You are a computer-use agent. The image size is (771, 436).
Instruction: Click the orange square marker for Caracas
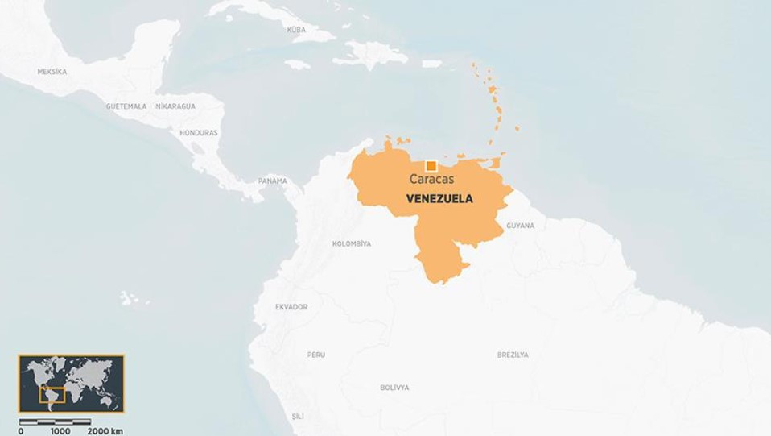pyautogui.click(x=431, y=166)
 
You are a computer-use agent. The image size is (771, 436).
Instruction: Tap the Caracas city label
pyautogui.click(x=431, y=180)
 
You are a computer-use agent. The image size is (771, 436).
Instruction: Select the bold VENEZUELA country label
pyautogui.click(x=439, y=199)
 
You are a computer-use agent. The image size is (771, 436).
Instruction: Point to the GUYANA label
pyautogui.click(x=520, y=226)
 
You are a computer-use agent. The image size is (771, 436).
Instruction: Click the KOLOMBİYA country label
pyautogui.click(x=352, y=243)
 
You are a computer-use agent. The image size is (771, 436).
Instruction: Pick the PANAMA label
pyautogui.click(x=273, y=181)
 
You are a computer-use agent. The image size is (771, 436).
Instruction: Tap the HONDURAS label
pyautogui.click(x=199, y=133)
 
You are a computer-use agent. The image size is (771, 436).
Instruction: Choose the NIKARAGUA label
pyautogui.click(x=175, y=106)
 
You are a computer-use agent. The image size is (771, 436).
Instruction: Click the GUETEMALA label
pyautogui.click(x=126, y=106)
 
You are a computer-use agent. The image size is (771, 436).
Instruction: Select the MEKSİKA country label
pyautogui.click(x=52, y=72)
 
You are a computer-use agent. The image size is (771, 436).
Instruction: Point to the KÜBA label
pyautogui.click(x=296, y=30)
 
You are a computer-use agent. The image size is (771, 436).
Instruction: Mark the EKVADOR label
pyautogui.click(x=291, y=307)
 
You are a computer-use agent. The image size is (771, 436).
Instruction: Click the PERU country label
pyautogui.click(x=316, y=355)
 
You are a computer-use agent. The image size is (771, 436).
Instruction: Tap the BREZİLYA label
pyautogui.click(x=513, y=355)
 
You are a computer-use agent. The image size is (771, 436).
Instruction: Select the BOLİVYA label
pyautogui.click(x=394, y=388)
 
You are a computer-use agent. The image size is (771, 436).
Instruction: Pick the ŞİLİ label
pyautogui.click(x=298, y=416)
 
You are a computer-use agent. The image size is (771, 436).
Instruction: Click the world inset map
pyautogui.click(x=72, y=384)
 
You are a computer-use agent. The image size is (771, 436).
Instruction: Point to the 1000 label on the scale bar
pyautogui.click(x=60, y=431)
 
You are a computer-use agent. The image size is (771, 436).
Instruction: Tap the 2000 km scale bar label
pyautogui.click(x=105, y=431)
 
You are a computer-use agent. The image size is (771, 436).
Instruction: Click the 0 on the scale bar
pyautogui.click(x=21, y=431)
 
